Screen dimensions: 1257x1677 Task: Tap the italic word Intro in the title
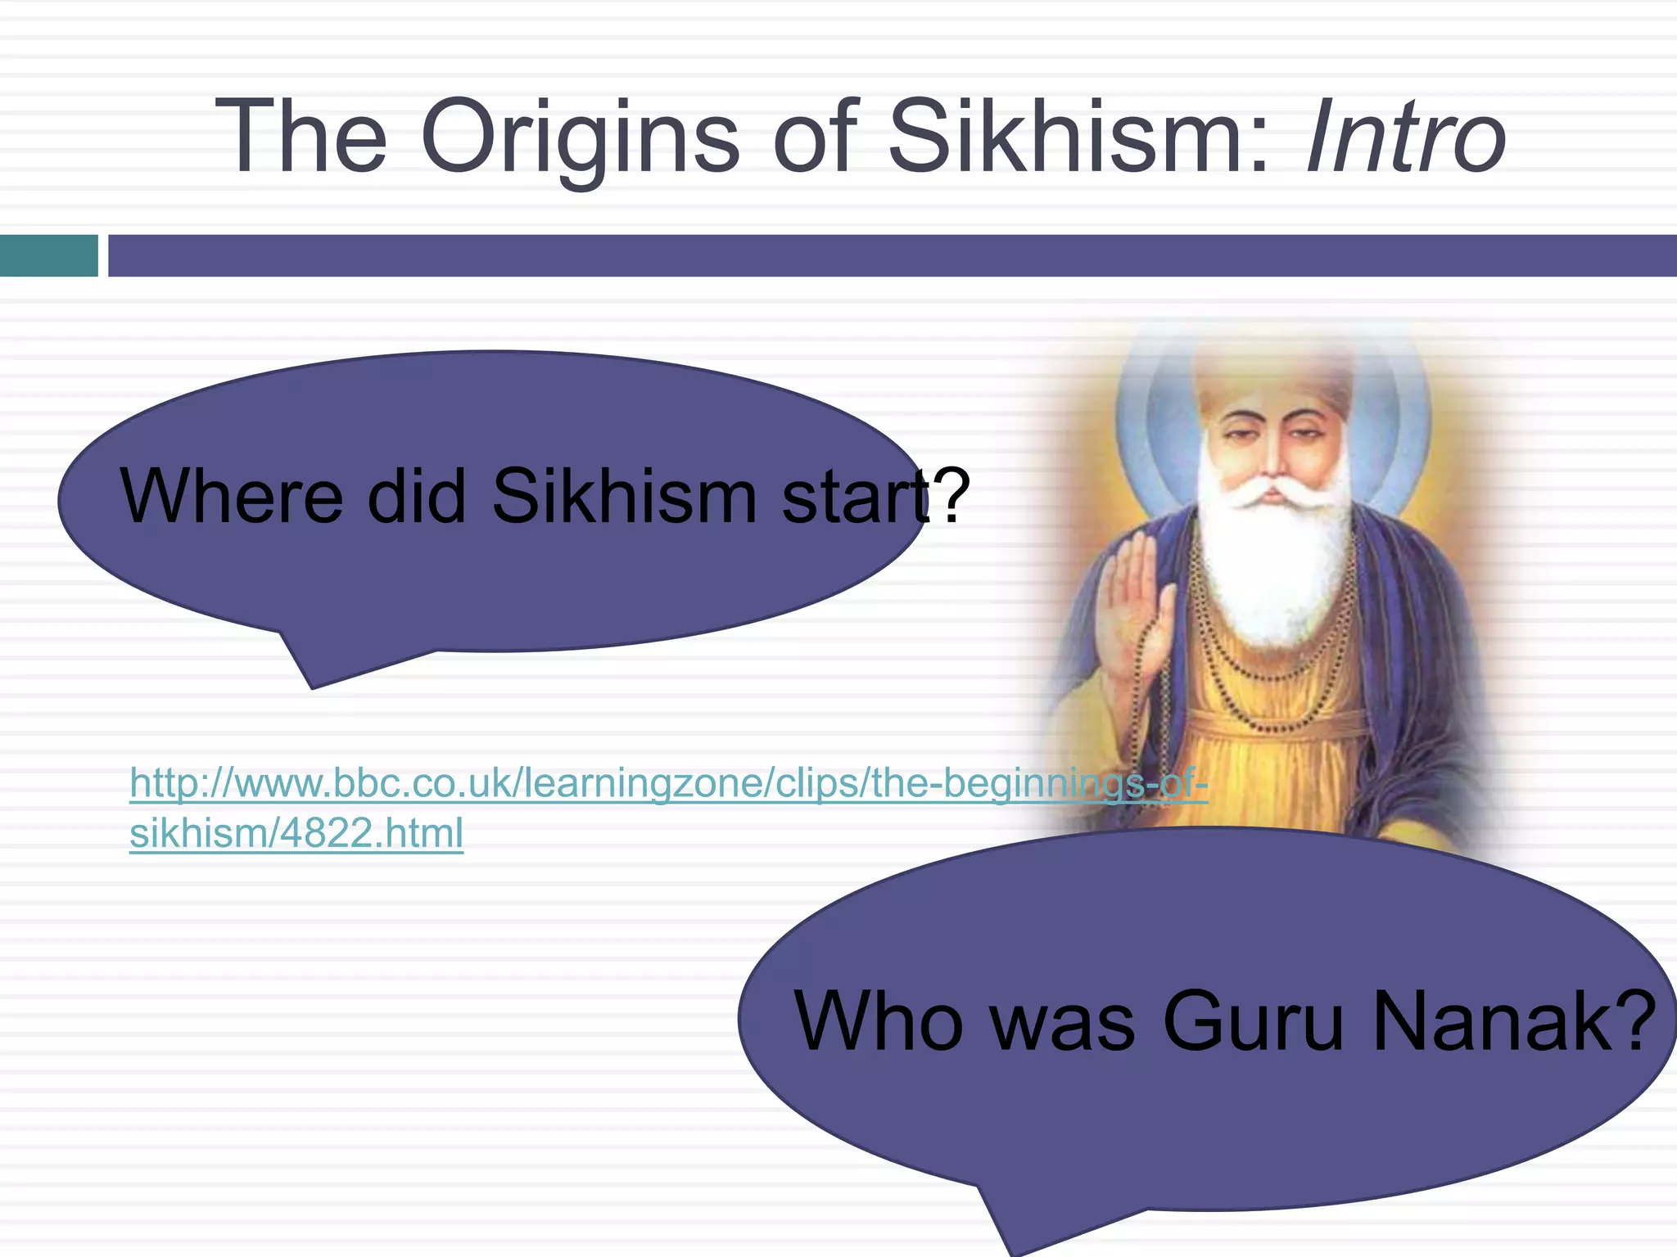pyautogui.click(x=1405, y=137)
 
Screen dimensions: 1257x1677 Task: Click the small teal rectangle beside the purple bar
pyautogui.click(x=48, y=255)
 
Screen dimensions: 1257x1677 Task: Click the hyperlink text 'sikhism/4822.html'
pyautogui.click(x=296, y=833)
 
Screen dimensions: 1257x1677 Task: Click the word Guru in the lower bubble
pyautogui.click(x=1253, y=1022)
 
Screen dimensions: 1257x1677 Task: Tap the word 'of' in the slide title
pyautogui.click(x=815, y=137)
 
